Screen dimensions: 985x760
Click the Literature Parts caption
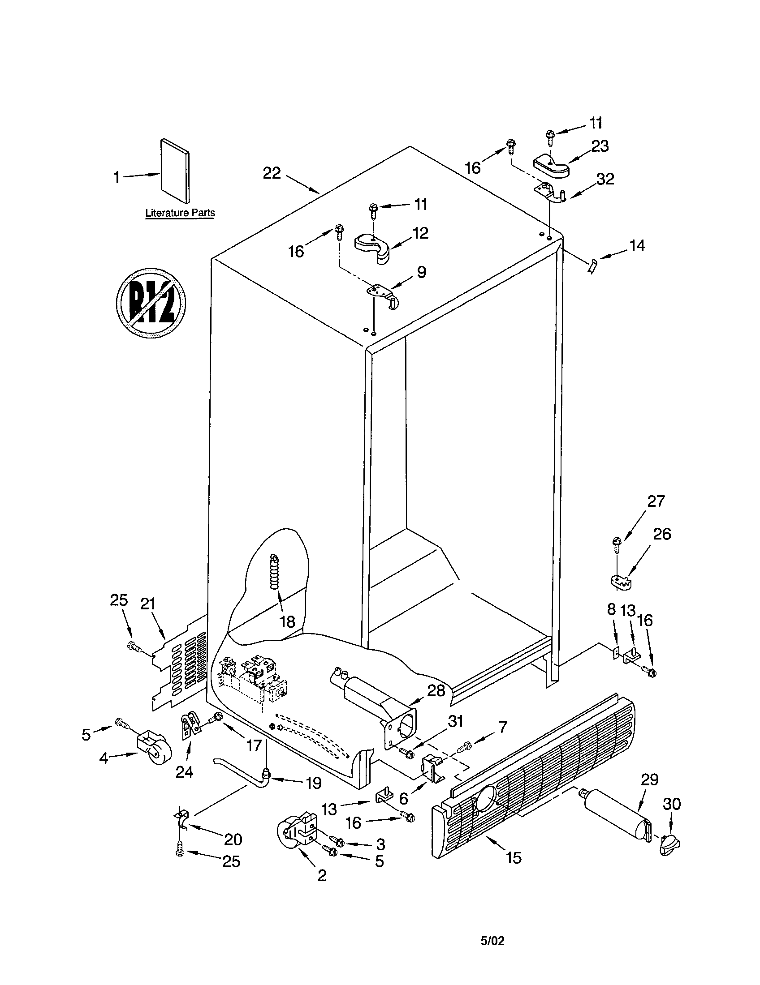pos(180,213)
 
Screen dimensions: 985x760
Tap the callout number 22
pos(272,173)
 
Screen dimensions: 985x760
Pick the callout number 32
pos(605,179)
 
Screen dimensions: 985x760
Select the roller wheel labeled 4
pos(151,749)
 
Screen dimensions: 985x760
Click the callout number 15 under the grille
pos(514,857)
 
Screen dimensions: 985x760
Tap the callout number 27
pos(656,501)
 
